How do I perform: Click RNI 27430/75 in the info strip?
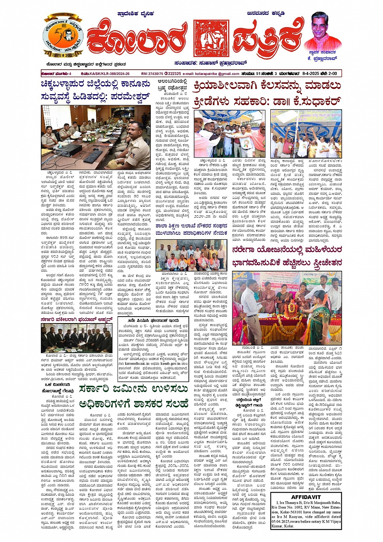(x=152, y=74)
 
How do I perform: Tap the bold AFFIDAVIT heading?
(x=306, y=497)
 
